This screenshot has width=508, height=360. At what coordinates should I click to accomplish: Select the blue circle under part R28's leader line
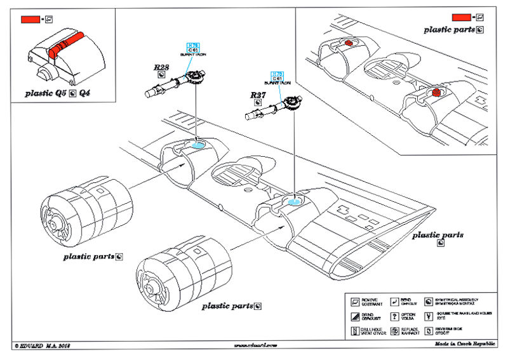click(198, 144)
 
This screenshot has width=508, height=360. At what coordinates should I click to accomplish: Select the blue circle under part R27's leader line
click(293, 201)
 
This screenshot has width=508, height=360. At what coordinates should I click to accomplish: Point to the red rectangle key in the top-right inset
click(461, 17)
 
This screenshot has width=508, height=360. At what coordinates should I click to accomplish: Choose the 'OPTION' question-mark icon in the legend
click(394, 316)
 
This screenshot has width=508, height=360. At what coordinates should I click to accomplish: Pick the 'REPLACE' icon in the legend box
click(394, 331)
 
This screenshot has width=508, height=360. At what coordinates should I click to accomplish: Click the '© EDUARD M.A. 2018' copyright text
click(42, 345)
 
